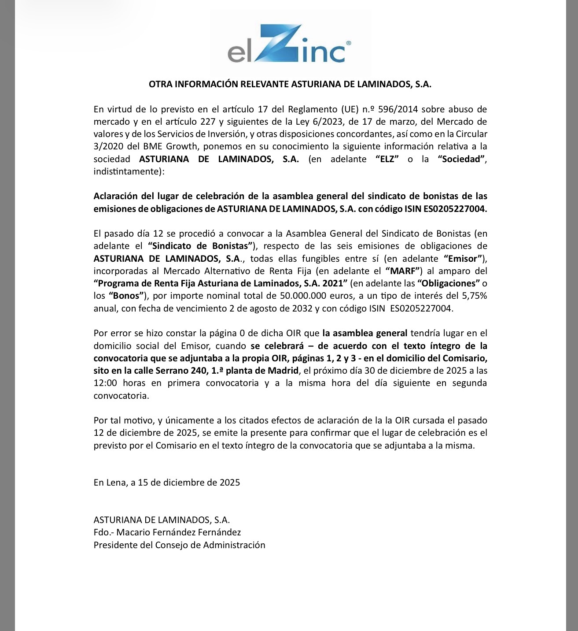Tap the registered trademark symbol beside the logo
click(349, 43)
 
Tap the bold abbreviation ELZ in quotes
click(387, 159)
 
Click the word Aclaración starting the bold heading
click(116, 196)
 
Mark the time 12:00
click(105, 383)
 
